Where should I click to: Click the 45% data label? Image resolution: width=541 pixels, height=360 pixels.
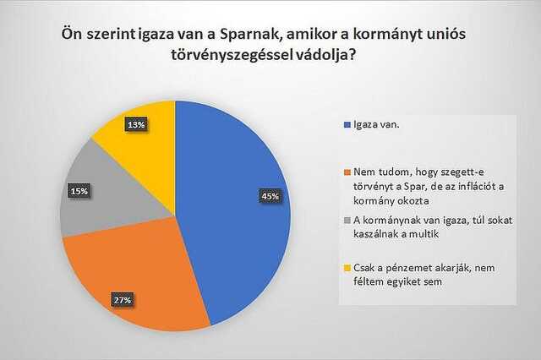tap(270, 196)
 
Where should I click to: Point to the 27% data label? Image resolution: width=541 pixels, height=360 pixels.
tap(123, 300)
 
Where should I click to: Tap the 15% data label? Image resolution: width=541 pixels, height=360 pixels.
tap(79, 191)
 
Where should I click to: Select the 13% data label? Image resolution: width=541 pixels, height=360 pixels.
tap(136, 125)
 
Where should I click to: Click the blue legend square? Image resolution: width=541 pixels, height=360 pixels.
tap(347, 125)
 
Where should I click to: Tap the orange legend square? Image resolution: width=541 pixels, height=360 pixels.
tap(347, 172)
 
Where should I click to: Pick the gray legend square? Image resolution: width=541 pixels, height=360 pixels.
tap(347, 220)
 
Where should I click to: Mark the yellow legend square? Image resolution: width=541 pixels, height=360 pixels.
tap(347, 268)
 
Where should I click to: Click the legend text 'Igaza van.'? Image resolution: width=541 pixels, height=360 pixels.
tap(376, 124)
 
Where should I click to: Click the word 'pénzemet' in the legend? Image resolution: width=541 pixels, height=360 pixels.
tap(414, 268)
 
